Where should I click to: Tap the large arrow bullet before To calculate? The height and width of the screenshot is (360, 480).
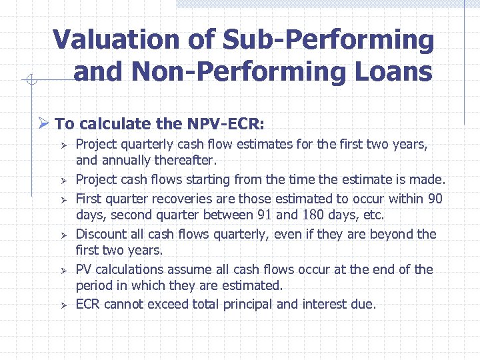click(45, 124)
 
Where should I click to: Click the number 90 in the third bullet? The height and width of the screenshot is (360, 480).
click(435, 199)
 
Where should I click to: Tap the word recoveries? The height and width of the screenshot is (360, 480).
click(161, 199)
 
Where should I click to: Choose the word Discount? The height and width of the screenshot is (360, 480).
click(99, 234)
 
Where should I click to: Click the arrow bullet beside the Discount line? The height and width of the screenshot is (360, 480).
click(60, 235)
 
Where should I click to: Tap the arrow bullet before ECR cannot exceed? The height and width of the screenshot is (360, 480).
click(60, 305)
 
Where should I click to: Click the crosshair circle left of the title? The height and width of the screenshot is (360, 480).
click(30, 81)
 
